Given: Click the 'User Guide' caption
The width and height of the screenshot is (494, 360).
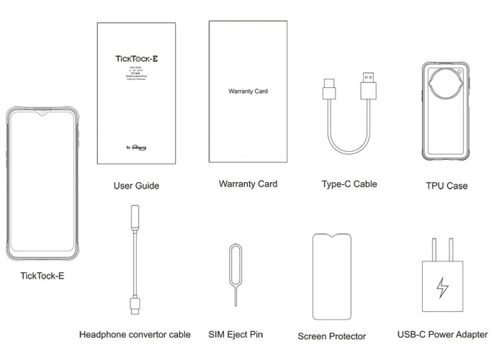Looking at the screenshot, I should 136,186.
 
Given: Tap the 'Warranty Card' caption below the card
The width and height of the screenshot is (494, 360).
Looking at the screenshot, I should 248,184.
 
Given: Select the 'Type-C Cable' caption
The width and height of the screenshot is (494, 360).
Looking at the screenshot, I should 349,184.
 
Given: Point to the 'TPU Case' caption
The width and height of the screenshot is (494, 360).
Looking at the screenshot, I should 446,186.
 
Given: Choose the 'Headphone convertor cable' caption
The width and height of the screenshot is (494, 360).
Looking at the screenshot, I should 135,334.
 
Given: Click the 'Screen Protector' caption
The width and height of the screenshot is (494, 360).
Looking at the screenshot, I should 332,336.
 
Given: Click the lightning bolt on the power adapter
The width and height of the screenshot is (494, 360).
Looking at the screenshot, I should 443,287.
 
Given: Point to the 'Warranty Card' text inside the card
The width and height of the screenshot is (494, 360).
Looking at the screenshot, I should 248,93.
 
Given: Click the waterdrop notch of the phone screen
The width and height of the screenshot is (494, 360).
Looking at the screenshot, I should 45,114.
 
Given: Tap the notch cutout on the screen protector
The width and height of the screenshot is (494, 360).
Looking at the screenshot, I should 332,237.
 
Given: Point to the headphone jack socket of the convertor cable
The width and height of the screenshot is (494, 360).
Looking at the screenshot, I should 133,218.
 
